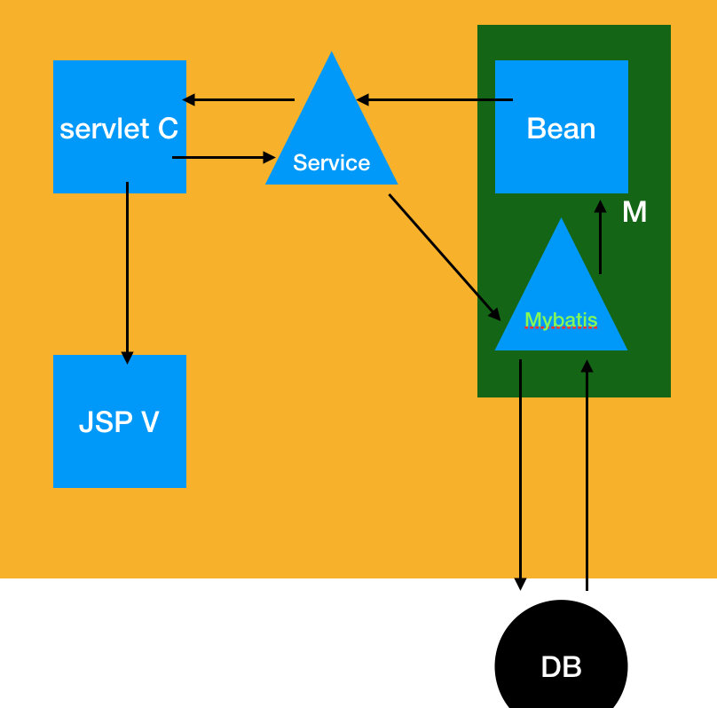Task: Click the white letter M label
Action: pos(634,213)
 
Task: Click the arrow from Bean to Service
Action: pos(435,100)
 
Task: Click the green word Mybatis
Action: pos(561,320)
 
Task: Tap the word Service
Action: pos(331,163)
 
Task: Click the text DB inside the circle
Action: pos(561,667)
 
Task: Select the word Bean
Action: pos(561,129)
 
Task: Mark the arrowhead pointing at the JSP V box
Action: pos(127,357)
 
